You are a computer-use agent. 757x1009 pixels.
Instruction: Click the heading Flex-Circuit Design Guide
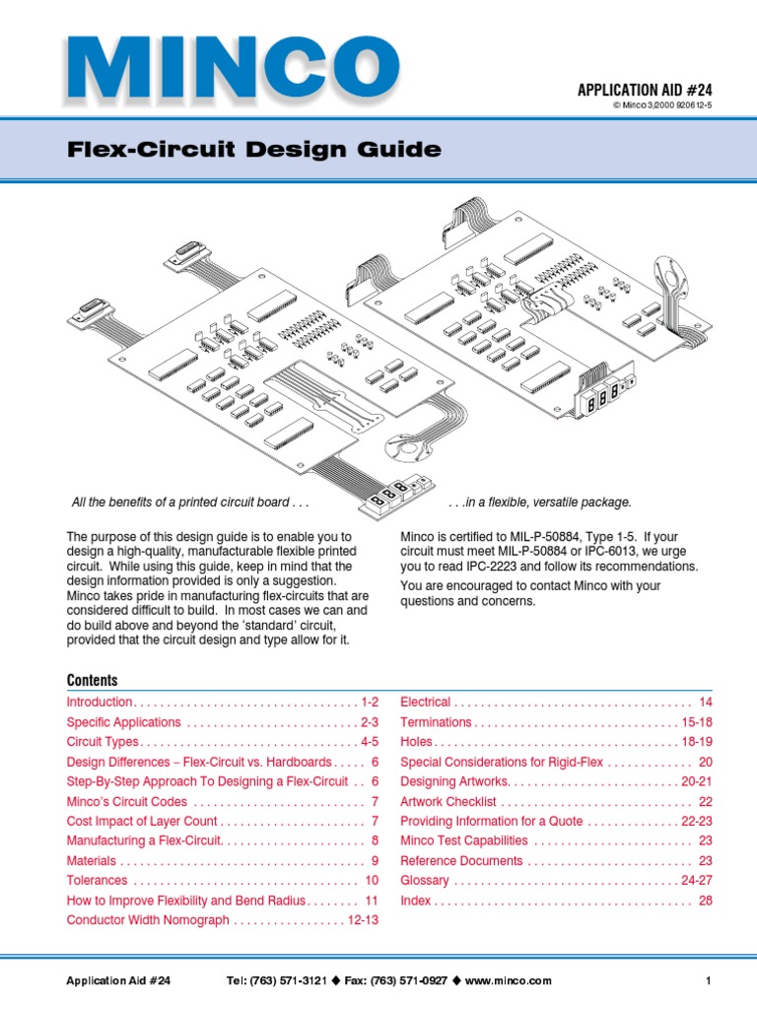point(253,151)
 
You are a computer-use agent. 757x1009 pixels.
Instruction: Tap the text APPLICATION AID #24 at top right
point(644,91)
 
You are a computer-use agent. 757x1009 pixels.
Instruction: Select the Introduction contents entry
point(100,703)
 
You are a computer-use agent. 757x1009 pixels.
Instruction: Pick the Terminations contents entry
point(436,722)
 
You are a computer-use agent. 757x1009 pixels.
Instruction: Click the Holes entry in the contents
point(416,742)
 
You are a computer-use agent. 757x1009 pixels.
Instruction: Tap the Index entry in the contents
point(415,901)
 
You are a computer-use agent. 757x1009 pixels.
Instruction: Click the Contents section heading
point(92,681)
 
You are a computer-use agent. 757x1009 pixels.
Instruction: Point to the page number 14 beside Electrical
point(705,703)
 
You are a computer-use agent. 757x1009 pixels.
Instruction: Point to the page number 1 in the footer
point(708,981)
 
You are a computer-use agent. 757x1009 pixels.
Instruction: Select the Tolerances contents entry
point(97,880)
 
